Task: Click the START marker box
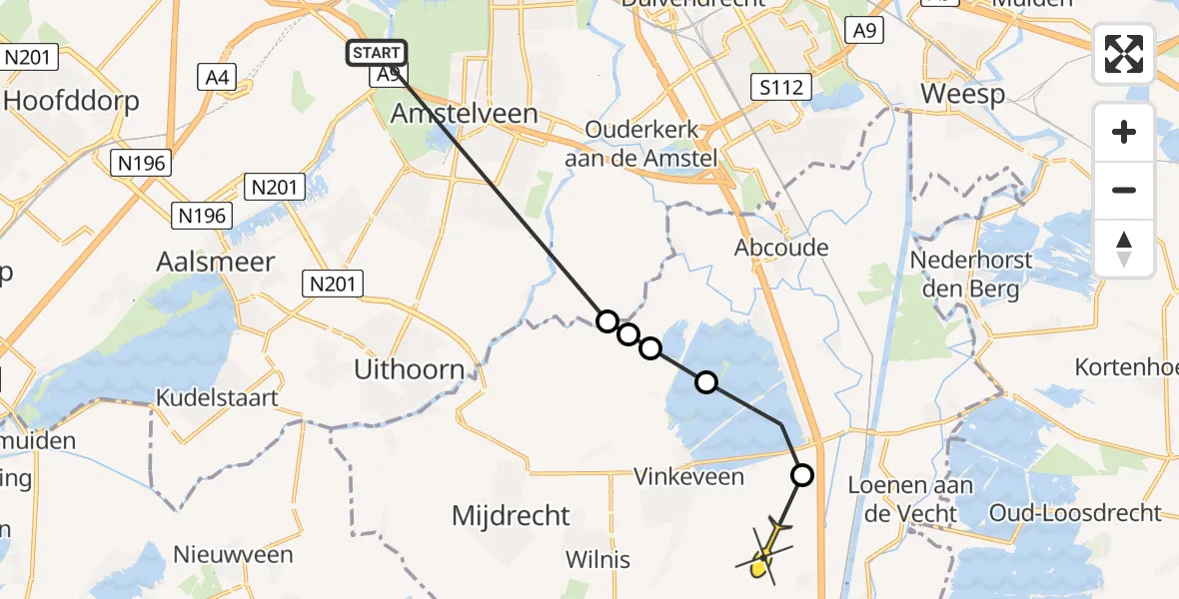click(x=377, y=53)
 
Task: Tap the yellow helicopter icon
click(x=765, y=551)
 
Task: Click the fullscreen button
click(x=1124, y=54)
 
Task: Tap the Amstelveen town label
click(x=464, y=114)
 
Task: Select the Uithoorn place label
click(x=409, y=369)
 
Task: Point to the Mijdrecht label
click(x=511, y=516)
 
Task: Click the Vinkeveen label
click(x=689, y=476)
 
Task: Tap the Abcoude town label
click(x=781, y=247)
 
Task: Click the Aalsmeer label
click(x=215, y=262)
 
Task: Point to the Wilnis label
click(x=597, y=559)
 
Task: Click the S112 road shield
click(x=780, y=88)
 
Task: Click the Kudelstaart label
click(x=216, y=397)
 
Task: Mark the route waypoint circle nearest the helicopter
click(x=801, y=475)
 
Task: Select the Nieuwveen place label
click(x=233, y=555)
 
